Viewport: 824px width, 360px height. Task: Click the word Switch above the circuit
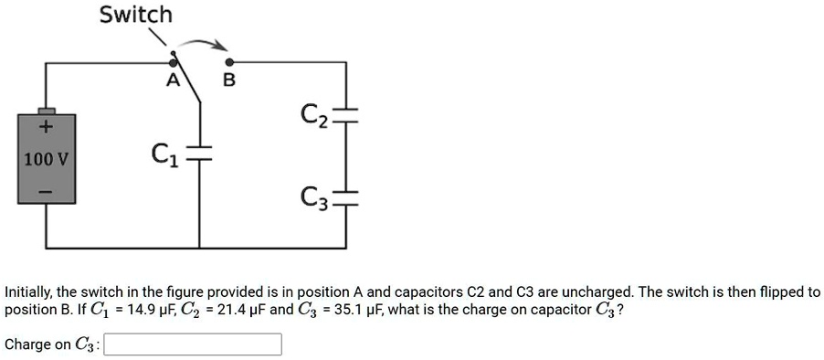coord(135,15)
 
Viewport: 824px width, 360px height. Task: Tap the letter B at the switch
coord(229,81)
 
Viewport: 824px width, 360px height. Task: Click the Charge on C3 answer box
coord(194,344)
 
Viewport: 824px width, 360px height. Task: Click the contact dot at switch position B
coord(229,61)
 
